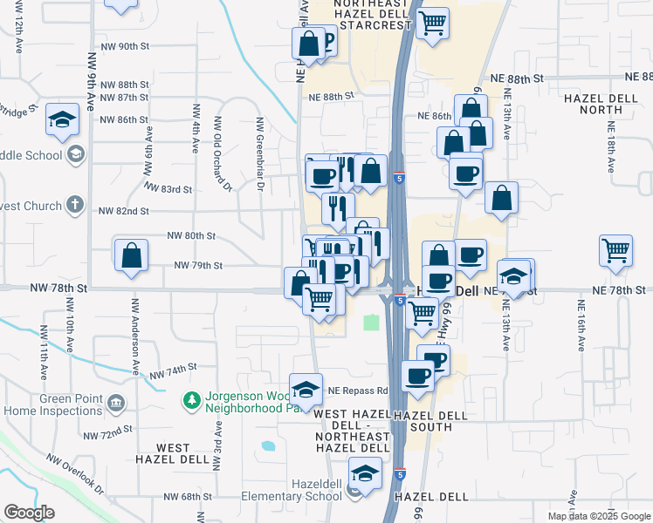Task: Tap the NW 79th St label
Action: (x=199, y=265)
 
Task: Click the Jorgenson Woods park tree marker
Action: (x=192, y=400)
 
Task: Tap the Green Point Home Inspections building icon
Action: (x=116, y=404)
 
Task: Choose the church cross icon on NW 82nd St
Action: (x=75, y=206)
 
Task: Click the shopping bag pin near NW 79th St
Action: (x=131, y=255)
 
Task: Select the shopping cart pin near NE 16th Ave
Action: (x=615, y=250)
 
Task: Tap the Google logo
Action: (x=29, y=513)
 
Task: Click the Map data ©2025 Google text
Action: (x=598, y=516)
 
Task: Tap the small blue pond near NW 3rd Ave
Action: (x=267, y=446)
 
